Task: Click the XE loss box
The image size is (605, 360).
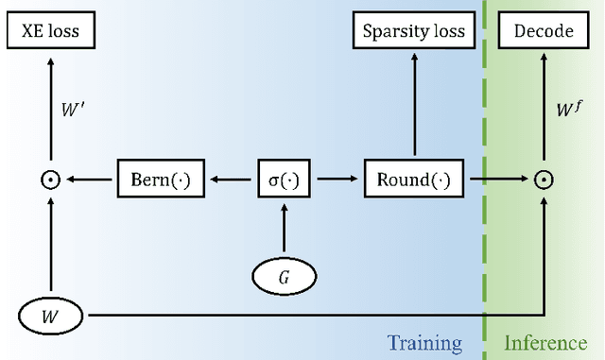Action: tap(50, 31)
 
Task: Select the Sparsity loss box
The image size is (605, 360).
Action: tap(415, 31)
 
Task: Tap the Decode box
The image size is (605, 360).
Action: tap(544, 31)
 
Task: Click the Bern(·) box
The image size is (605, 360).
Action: tap(161, 180)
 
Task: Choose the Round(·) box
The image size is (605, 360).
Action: tap(415, 180)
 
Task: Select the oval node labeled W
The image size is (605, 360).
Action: tap(50, 315)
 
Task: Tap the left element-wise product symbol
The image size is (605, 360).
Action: tap(50, 180)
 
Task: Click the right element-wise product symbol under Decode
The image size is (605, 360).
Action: tap(544, 180)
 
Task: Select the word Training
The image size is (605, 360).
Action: tap(424, 342)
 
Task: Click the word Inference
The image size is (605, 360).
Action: tap(545, 342)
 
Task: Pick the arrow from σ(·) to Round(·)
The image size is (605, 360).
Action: tap(338, 180)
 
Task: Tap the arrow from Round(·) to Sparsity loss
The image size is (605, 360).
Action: tap(415, 104)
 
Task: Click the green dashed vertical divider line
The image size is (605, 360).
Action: tap(484, 236)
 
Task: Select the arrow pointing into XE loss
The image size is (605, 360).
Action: tap(50, 94)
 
